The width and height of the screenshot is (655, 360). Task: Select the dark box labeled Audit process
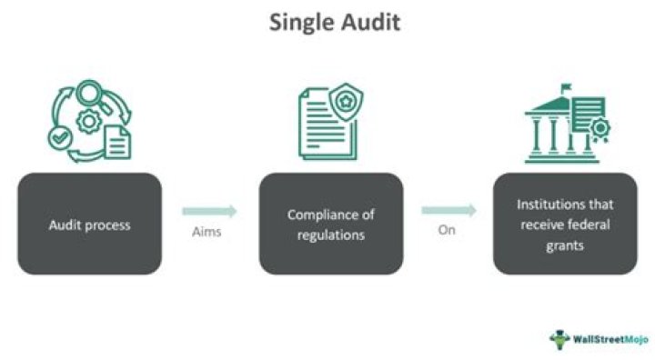pos(89,224)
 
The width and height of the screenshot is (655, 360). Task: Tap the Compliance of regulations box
pos(331,224)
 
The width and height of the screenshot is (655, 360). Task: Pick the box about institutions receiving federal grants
pos(565,224)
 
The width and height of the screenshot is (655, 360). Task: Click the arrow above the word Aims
pos(209,211)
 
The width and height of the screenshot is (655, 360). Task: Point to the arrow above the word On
pos(448,211)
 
